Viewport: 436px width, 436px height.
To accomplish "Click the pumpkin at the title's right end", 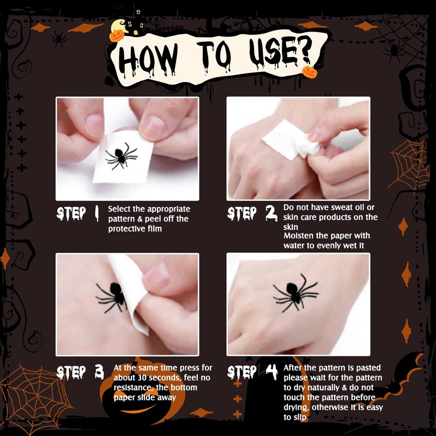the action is [x=310, y=72].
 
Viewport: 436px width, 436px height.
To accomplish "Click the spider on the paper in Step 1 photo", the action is [x=121, y=156].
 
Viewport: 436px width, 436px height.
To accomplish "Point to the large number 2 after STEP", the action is [x=271, y=213].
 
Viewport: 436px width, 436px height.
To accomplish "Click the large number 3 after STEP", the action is [x=99, y=372].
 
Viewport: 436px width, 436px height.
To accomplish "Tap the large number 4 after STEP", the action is [x=271, y=372].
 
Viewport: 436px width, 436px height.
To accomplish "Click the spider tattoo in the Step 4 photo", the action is [x=295, y=293].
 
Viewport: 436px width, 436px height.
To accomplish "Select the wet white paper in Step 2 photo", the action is [x=290, y=141].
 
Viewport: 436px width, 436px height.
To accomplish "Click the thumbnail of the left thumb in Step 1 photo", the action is [x=94, y=126].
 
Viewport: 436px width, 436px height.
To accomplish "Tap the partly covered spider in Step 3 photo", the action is [x=112, y=296].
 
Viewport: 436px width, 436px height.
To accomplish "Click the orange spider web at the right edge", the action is [x=408, y=164].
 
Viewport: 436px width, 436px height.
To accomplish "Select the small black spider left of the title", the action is [x=59, y=38].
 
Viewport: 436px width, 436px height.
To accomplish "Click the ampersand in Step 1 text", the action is [x=140, y=219].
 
